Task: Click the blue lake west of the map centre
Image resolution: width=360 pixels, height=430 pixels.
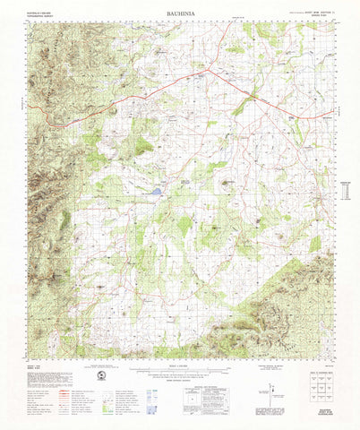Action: [157, 191]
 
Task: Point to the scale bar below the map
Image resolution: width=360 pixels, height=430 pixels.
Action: [179, 369]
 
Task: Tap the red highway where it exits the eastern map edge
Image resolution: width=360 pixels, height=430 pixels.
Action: [331, 116]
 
